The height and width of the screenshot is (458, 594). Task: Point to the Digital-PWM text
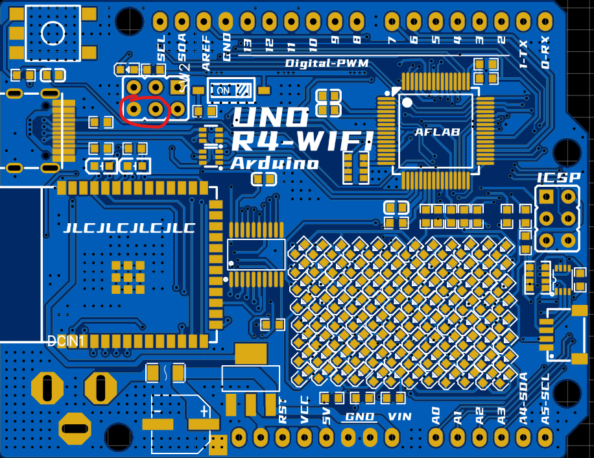[327, 64]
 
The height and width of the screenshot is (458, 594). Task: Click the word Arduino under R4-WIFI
[274, 163]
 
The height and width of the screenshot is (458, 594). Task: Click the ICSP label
[557, 178]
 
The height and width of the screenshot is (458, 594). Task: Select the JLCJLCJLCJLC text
[129, 228]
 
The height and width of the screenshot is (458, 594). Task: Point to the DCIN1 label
[66, 341]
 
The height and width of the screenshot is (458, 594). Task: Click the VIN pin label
[400, 416]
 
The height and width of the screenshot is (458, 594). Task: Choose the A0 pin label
[436, 416]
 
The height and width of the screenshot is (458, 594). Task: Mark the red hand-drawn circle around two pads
[145, 109]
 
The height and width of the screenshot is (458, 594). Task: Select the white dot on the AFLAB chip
[407, 102]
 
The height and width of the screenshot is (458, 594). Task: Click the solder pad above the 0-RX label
[545, 21]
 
